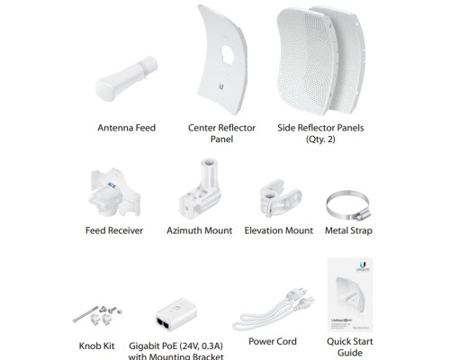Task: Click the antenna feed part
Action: point(126,79)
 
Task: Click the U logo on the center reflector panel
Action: point(221,86)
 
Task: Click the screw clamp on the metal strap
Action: point(363,214)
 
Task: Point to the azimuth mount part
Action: point(201,189)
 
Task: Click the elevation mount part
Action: point(280,198)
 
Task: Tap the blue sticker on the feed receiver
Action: point(112,185)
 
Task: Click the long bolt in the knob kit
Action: point(85,314)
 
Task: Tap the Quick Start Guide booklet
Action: point(350,294)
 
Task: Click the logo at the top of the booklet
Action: point(363,266)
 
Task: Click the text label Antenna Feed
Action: point(127,128)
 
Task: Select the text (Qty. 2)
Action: point(320,139)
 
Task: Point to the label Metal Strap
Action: point(348,230)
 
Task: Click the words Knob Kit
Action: point(96,346)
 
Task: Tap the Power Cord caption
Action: point(273,341)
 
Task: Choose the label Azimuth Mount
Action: point(200,230)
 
